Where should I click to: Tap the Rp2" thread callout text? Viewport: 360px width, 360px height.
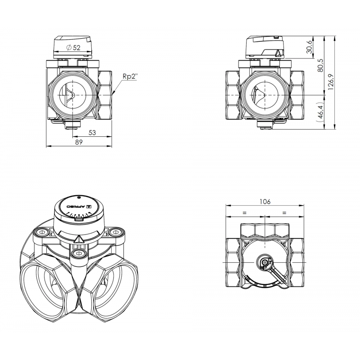click(x=129, y=76)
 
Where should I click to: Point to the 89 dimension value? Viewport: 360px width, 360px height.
click(x=79, y=142)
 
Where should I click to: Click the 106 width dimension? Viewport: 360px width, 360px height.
click(x=265, y=202)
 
